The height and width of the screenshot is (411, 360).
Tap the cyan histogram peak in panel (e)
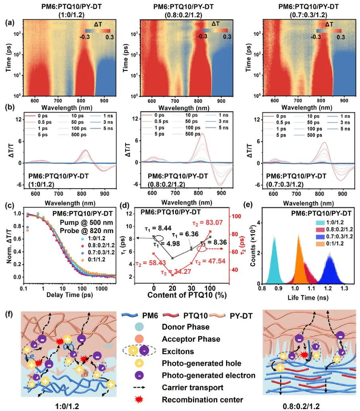tap(274, 237)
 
